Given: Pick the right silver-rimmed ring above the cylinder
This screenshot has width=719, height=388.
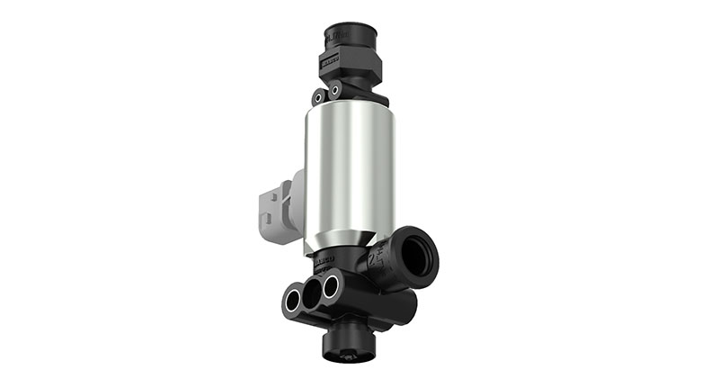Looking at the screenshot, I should pos(334,91).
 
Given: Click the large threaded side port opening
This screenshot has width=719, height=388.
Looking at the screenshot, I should pos(417,256).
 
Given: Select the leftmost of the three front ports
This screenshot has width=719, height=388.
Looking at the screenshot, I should pos(293,300).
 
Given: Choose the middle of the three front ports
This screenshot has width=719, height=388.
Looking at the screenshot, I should pos(313,293).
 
